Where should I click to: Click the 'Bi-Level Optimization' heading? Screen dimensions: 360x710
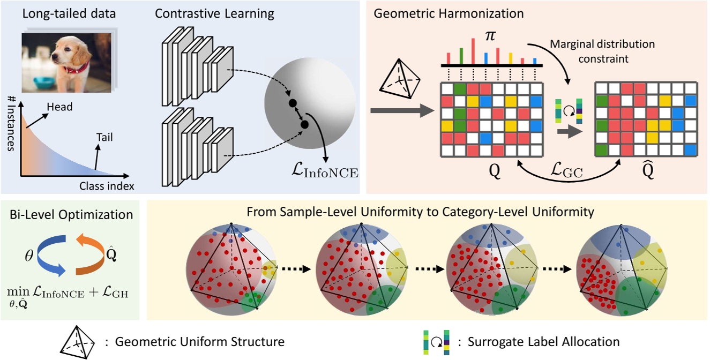point(72,215)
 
